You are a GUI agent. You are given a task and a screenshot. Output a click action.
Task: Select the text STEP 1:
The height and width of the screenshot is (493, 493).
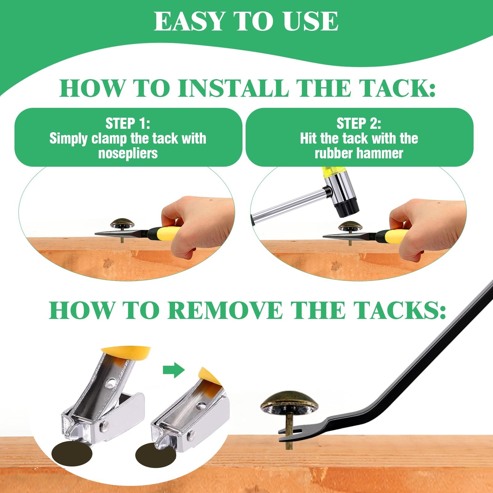(128, 124)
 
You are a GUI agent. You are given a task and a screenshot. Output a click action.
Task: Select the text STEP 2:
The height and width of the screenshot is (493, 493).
(359, 124)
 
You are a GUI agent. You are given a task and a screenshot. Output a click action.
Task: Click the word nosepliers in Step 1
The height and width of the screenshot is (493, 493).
(128, 153)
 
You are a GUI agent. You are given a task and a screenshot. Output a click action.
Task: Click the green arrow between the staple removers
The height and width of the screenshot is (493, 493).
(174, 370)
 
